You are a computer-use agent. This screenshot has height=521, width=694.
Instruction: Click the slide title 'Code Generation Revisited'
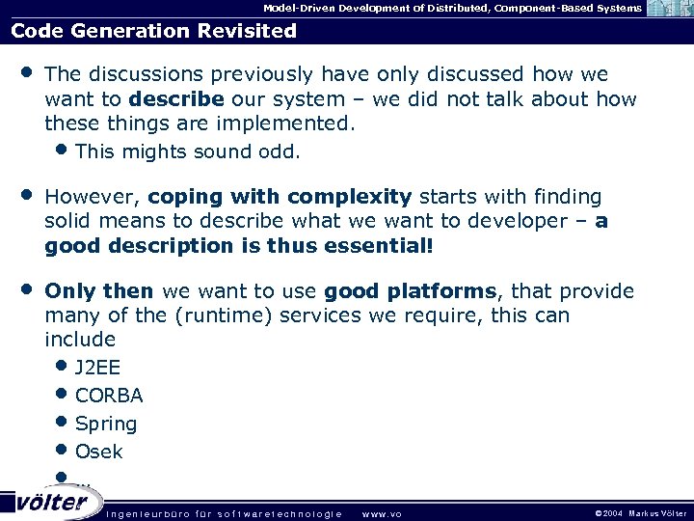[153, 30]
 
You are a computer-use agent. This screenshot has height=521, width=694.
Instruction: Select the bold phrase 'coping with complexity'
[280, 197]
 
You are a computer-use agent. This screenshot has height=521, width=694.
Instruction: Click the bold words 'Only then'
[99, 291]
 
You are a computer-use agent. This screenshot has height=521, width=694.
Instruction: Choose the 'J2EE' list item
[97, 368]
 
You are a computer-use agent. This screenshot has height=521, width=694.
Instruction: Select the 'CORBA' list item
[109, 396]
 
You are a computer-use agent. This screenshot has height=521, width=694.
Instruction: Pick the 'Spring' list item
[106, 424]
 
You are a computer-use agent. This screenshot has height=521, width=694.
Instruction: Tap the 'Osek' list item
[99, 452]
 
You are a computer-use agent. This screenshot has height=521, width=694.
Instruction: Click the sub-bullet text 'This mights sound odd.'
[187, 151]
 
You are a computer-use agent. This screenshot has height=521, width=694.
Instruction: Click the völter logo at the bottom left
[52, 502]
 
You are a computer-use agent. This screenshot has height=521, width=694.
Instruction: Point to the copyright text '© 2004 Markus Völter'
[640, 513]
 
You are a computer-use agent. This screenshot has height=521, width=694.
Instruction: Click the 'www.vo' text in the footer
[381, 513]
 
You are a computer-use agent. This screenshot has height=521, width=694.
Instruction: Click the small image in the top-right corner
[669, 9]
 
